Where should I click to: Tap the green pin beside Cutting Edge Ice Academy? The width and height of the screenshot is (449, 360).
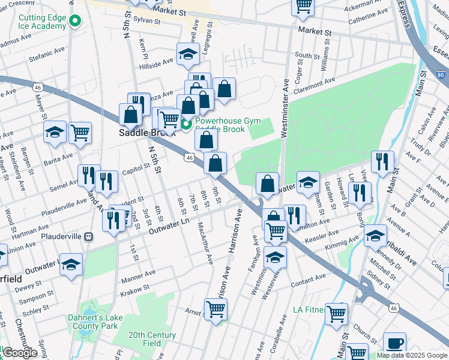[x=74, y=22]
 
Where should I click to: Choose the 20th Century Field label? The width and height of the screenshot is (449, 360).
[x=152, y=339]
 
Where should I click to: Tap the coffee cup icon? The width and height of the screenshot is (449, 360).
[x=394, y=343]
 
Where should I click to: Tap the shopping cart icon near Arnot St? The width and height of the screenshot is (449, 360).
[x=215, y=310]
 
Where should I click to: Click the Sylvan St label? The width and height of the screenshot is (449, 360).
[x=148, y=21]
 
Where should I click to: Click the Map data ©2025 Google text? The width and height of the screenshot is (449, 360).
[x=411, y=355]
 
